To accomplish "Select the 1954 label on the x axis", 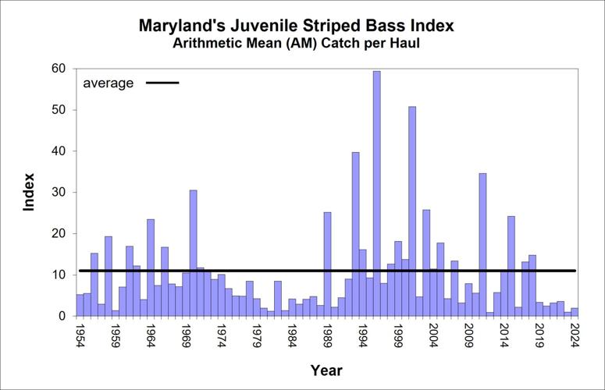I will (80, 337).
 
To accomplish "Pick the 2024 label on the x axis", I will (575, 337).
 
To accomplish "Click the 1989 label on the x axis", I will (327, 337).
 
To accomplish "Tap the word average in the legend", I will (109, 83).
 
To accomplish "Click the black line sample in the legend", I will (160, 83).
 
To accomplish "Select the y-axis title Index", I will (29, 192).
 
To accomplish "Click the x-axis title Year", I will (326, 370).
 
